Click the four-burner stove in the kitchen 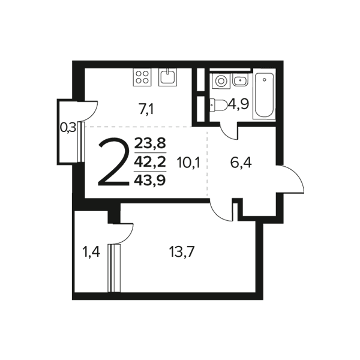pyautogui.click(x=142, y=77)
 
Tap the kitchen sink pyautogui.click(x=168, y=77)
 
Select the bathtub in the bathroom pyautogui.click(x=264, y=96)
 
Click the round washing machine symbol pyautogui.click(x=221, y=81)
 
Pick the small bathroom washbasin pyautogui.click(x=240, y=80)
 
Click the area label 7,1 pyautogui.click(x=146, y=110)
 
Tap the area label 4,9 pyautogui.click(x=238, y=104)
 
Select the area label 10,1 pyautogui.click(x=188, y=163)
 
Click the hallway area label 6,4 pyautogui.click(x=241, y=163)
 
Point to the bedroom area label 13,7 pyautogui.click(x=182, y=252)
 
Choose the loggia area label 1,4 pyautogui.click(x=91, y=252)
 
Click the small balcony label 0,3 pyautogui.click(x=68, y=127)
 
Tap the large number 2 pyautogui.click(x=113, y=161)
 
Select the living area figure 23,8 pyautogui.click(x=150, y=144)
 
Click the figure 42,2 pyautogui.click(x=150, y=162)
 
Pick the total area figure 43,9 pyautogui.click(x=150, y=180)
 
